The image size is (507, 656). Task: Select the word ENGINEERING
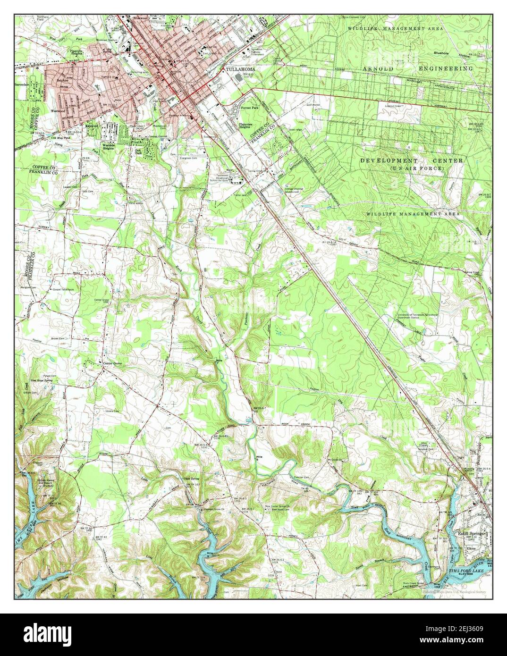point(446,68)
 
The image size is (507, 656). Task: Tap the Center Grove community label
point(113,363)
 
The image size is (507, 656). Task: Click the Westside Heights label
point(109,146)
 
